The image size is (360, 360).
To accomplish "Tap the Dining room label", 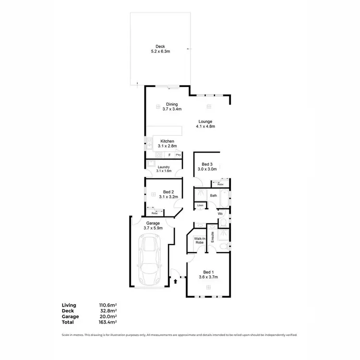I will tap(172, 107).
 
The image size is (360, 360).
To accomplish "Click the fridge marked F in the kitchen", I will tap(169, 155).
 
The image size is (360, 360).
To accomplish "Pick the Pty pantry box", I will tap(178, 155).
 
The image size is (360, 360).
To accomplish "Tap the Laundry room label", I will tap(164, 168).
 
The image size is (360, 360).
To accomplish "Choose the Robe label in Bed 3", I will tap(220, 184).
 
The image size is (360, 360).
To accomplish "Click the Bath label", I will tap(214, 195).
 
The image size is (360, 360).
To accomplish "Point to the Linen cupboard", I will tap(200, 206).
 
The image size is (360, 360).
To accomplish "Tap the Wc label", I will tap(221, 214).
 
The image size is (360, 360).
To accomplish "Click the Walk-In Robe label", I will tap(199, 241).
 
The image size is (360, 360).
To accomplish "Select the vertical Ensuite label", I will tap(212, 238).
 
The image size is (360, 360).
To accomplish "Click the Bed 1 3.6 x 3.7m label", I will tap(208, 274).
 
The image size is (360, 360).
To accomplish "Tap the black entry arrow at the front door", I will tap(175, 282).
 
